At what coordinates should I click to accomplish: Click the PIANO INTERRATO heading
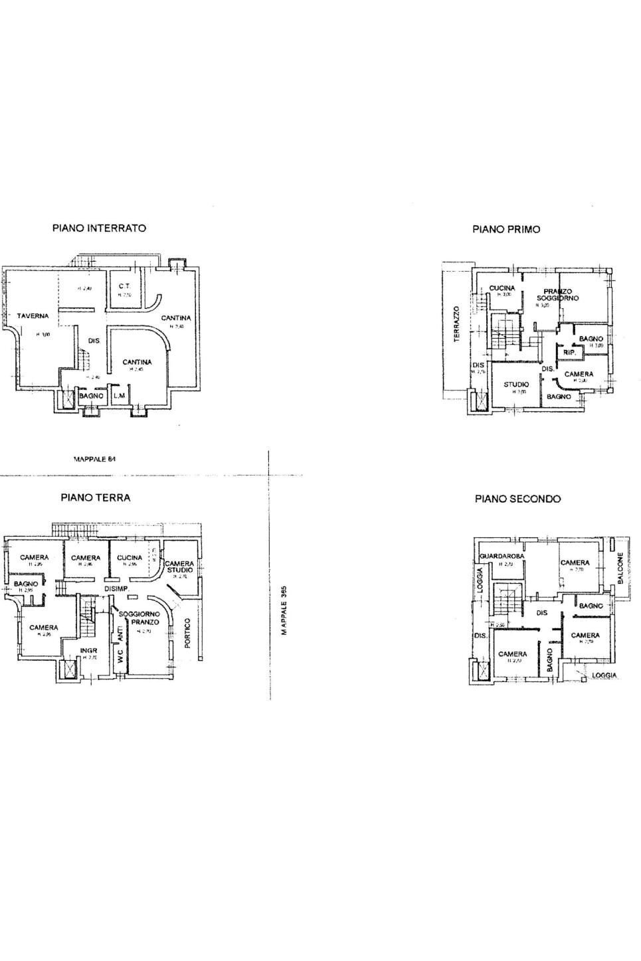pos(99,228)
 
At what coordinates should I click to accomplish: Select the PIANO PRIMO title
pos(506,229)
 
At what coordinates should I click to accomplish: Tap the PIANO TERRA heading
pos(96,497)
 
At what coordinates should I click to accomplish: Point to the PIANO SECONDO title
pos(517,498)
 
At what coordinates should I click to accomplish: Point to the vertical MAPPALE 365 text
pos(284,610)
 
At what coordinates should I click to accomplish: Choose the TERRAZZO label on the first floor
pos(457,324)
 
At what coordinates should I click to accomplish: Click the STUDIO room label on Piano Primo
pos(516,384)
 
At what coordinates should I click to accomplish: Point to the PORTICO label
pos(187,634)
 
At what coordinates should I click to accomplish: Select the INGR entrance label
pos(89,651)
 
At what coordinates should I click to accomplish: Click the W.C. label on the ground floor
pos(120,662)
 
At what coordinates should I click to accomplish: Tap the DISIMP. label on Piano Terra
pos(116,589)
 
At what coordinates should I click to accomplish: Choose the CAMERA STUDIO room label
pos(179,567)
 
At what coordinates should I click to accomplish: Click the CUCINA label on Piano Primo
pos(502,288)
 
